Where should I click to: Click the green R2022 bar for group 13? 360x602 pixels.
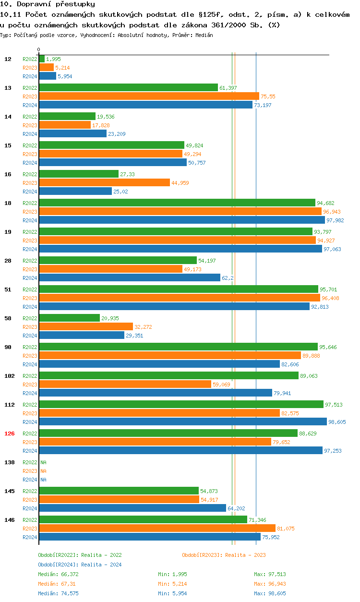pos(128,87)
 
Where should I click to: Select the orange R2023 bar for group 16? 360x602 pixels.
pos(104,182)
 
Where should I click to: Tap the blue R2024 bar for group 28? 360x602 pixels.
pos(130,277)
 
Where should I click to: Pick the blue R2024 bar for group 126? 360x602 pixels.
pos(180,450)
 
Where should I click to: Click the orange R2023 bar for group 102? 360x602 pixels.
pos(125,384)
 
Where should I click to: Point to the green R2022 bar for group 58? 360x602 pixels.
pos(69,318)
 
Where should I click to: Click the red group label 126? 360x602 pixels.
pos(10,433)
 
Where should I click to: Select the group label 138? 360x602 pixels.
pos(10,462)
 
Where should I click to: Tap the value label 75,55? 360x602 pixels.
pos(268,96)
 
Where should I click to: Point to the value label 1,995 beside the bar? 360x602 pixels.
pos(53,59)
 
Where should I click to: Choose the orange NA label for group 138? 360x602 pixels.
pos(43,471)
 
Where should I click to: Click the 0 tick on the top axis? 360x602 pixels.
pos(38,49)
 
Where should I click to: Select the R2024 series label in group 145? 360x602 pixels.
pos(30,508)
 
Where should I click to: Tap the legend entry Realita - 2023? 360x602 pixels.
pos(224,555)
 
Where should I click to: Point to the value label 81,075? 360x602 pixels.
pos(286,529)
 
